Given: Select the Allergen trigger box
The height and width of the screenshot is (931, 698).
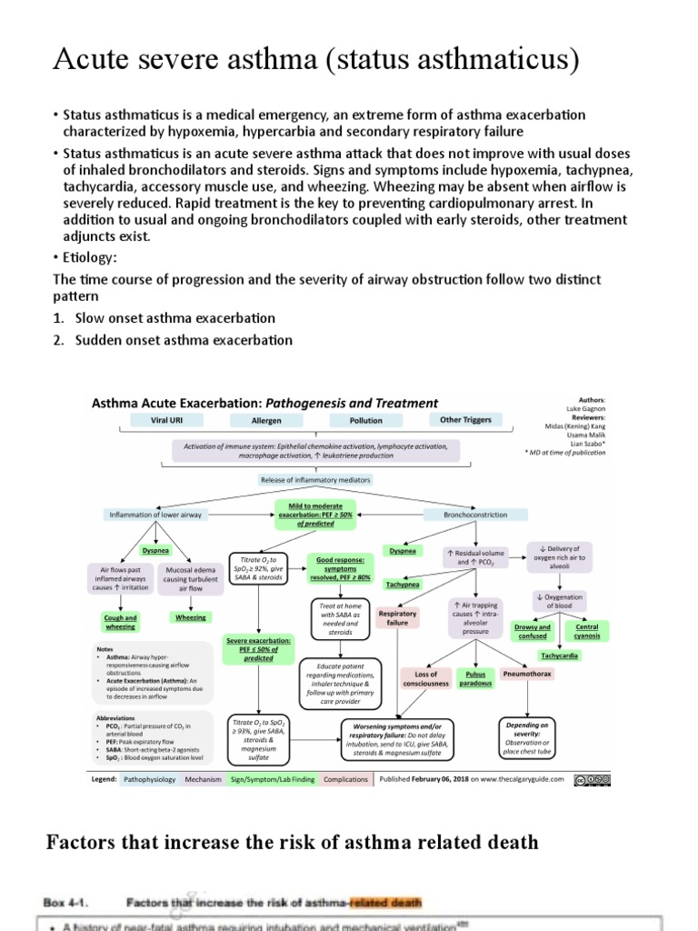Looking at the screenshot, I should pyautogui.click(x=266, y=421).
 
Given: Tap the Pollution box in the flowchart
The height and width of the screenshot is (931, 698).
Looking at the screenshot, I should pyautogui.click(x=366, y=421).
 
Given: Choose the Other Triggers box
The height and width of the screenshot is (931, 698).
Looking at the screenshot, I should pyautogui.click(x=465, y=420).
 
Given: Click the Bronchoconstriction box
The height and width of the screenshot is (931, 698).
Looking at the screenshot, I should pyautogui.click(x=475, y=515).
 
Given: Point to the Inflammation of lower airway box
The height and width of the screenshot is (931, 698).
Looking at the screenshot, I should pyautogui.click(x=155, y=515).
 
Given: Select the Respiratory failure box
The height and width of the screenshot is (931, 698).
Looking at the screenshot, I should pyautogui.click(x=398, y=618).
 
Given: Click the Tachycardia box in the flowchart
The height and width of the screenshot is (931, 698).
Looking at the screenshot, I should pyautogui.click(x=560, y=655).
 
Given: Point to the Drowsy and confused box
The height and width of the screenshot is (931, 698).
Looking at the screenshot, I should pyautogui.click(x=533, y=631).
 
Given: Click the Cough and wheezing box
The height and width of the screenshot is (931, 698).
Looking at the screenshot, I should pyautogui.click(x=120, y=622).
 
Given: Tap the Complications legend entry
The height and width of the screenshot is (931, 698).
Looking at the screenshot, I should pyautogui.click(x=346, y=779).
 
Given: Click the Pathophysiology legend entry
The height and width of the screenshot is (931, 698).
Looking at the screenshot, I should pyautogui.click(x=149, y=779).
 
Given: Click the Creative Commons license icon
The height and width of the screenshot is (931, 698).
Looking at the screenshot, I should pyautogui.click(x=593, y=778).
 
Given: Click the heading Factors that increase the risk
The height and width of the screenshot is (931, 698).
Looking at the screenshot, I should pyautogui.click(x=292, y=843).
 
